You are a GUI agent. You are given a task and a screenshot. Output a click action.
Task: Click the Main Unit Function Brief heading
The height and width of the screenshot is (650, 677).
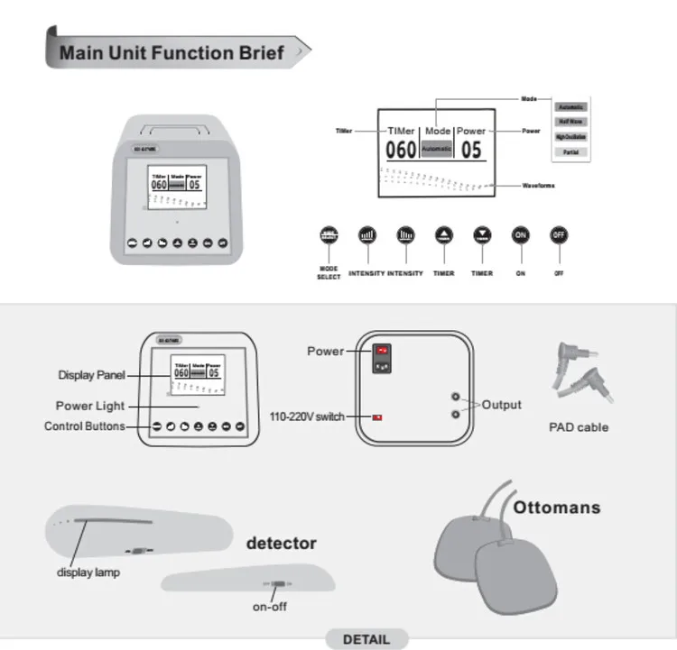tap(172, 52)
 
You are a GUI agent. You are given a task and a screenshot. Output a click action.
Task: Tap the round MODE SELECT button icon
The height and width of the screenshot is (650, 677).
tap(329, 235)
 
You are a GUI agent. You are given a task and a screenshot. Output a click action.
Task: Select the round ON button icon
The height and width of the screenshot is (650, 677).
tap(521, 235)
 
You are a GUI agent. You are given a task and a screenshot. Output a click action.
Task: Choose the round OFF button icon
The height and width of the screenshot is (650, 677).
tap(559, 235)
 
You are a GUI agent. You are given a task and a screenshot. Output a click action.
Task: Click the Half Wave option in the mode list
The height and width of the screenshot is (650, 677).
tap(570, 121)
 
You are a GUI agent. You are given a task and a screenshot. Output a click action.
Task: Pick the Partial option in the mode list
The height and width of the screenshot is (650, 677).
tap(570, 152)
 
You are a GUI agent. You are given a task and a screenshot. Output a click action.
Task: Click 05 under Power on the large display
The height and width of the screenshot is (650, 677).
tap(471, 150)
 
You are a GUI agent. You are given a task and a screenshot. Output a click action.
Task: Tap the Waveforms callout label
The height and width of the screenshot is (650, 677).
tap(539, 186)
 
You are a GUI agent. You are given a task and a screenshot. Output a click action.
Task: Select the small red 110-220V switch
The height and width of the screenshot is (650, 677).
tap(377, 417)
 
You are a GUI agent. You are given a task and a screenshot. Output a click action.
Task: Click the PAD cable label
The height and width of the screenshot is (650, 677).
tap(579, 427)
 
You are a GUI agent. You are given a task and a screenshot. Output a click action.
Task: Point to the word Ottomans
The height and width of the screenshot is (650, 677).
tap(556, 508)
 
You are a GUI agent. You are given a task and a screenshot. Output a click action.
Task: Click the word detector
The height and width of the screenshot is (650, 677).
tap(282, 544)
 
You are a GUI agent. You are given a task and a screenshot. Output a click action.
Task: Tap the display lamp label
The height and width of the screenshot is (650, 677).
tap(88, 572)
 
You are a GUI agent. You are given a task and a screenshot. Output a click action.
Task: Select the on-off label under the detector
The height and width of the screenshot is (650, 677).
tap(270, 607)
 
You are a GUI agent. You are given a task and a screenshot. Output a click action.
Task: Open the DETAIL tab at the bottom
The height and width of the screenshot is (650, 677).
tap(366, 639)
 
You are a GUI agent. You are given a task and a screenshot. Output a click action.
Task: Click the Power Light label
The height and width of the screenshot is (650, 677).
tap(90, 406)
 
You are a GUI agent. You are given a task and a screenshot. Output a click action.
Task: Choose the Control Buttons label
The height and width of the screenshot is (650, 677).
tap(85, 426)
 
